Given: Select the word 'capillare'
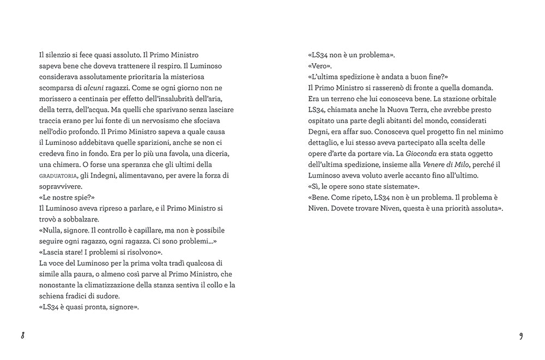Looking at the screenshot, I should (158, 230).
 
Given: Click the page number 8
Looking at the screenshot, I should (23, 335).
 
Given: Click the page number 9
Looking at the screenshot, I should (520, 335).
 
